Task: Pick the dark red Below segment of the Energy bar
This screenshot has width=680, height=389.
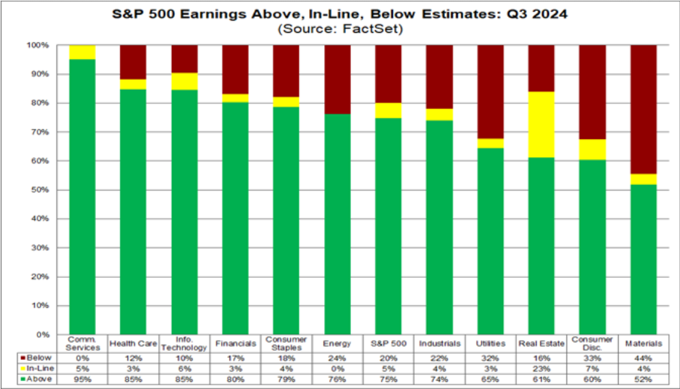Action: coord(338,79)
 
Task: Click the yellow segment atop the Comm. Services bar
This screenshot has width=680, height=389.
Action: coord(83,52)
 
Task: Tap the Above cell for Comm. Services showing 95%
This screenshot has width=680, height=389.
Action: coord(83,379)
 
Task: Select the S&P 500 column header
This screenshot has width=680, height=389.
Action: coord(389,344)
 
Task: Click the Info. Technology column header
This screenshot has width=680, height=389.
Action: coord(185,343)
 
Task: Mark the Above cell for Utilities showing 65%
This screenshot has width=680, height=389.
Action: coord(491,379)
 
